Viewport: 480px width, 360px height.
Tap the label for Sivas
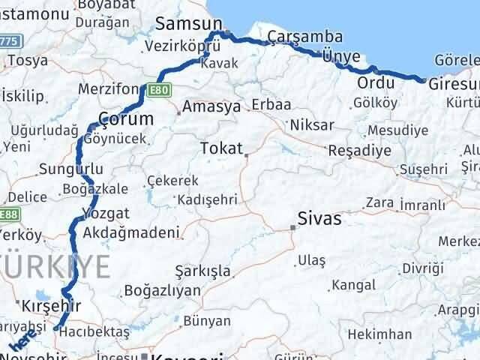coord(319,219)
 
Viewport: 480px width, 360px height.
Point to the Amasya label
coord(211,107)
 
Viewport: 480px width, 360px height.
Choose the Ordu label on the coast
coord(376,82)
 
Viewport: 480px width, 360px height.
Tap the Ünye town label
coord(341,56)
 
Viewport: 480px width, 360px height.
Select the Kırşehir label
coord(52,306)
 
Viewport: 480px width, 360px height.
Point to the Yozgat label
coord(106,213)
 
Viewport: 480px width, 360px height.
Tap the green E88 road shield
coord(9,215)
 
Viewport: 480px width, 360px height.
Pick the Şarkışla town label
coord(202,270)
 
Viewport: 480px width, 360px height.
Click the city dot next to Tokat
coord(246,155)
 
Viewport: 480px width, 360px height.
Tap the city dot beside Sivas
coord(293,226)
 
